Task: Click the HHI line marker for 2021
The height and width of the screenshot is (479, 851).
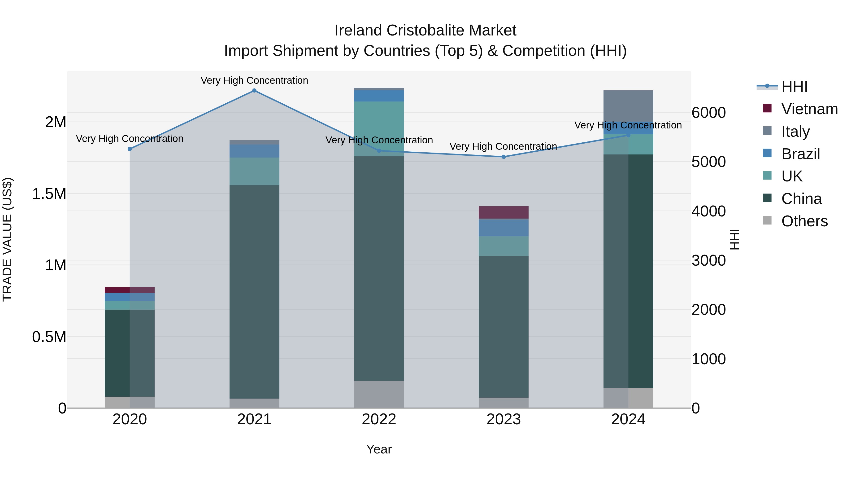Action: coord(254,91)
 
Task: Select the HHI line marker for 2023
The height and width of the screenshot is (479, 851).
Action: coord(504,157)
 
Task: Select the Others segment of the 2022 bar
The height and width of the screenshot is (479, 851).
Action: coord(379,394)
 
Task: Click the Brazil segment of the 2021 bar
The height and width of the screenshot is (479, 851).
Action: coord(254,151)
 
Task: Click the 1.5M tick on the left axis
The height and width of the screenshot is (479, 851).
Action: coord(49,194)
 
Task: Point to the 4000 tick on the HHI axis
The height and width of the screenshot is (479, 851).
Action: coord(709,211)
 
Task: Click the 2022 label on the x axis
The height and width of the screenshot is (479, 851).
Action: coord(379,419)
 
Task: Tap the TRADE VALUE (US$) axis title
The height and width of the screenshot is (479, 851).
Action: coord(7,239)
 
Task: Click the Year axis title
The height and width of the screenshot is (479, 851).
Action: coord(379,449)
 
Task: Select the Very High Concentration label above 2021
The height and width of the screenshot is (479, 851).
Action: coord(254,80)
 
